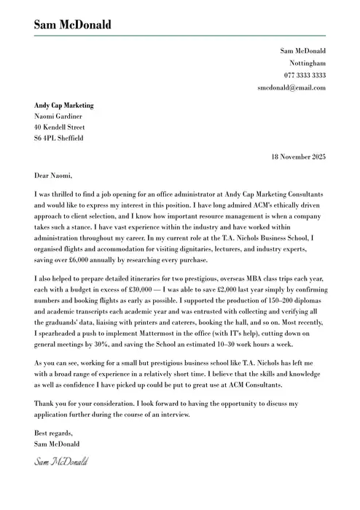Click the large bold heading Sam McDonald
coord(72,25)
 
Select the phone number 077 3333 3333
coord(305,76)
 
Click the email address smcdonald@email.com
coord(291,87)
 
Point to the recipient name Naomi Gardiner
coord(58,116)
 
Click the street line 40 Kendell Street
coord(60,127)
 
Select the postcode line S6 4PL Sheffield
coord(59,138)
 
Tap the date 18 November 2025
coord(298,157)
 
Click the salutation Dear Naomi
coord(53,176)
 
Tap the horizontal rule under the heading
coord(180,36)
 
